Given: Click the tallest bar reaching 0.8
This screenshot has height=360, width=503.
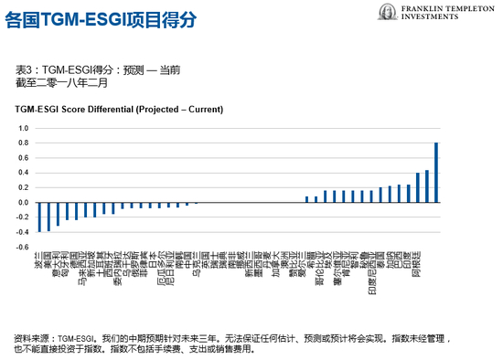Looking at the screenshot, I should click(436, 172).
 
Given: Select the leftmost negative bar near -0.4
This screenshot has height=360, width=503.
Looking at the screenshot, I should click(39, 217).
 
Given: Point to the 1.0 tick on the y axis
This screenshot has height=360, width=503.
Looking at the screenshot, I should click(24, 129).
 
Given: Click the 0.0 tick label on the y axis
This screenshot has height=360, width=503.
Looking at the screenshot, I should click(24, 203).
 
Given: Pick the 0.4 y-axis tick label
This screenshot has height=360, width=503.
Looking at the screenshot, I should click(24, 173).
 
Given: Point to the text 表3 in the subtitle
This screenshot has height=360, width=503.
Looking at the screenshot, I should click(25, 69).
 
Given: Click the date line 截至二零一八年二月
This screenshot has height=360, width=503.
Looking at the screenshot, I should click(61, 82).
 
